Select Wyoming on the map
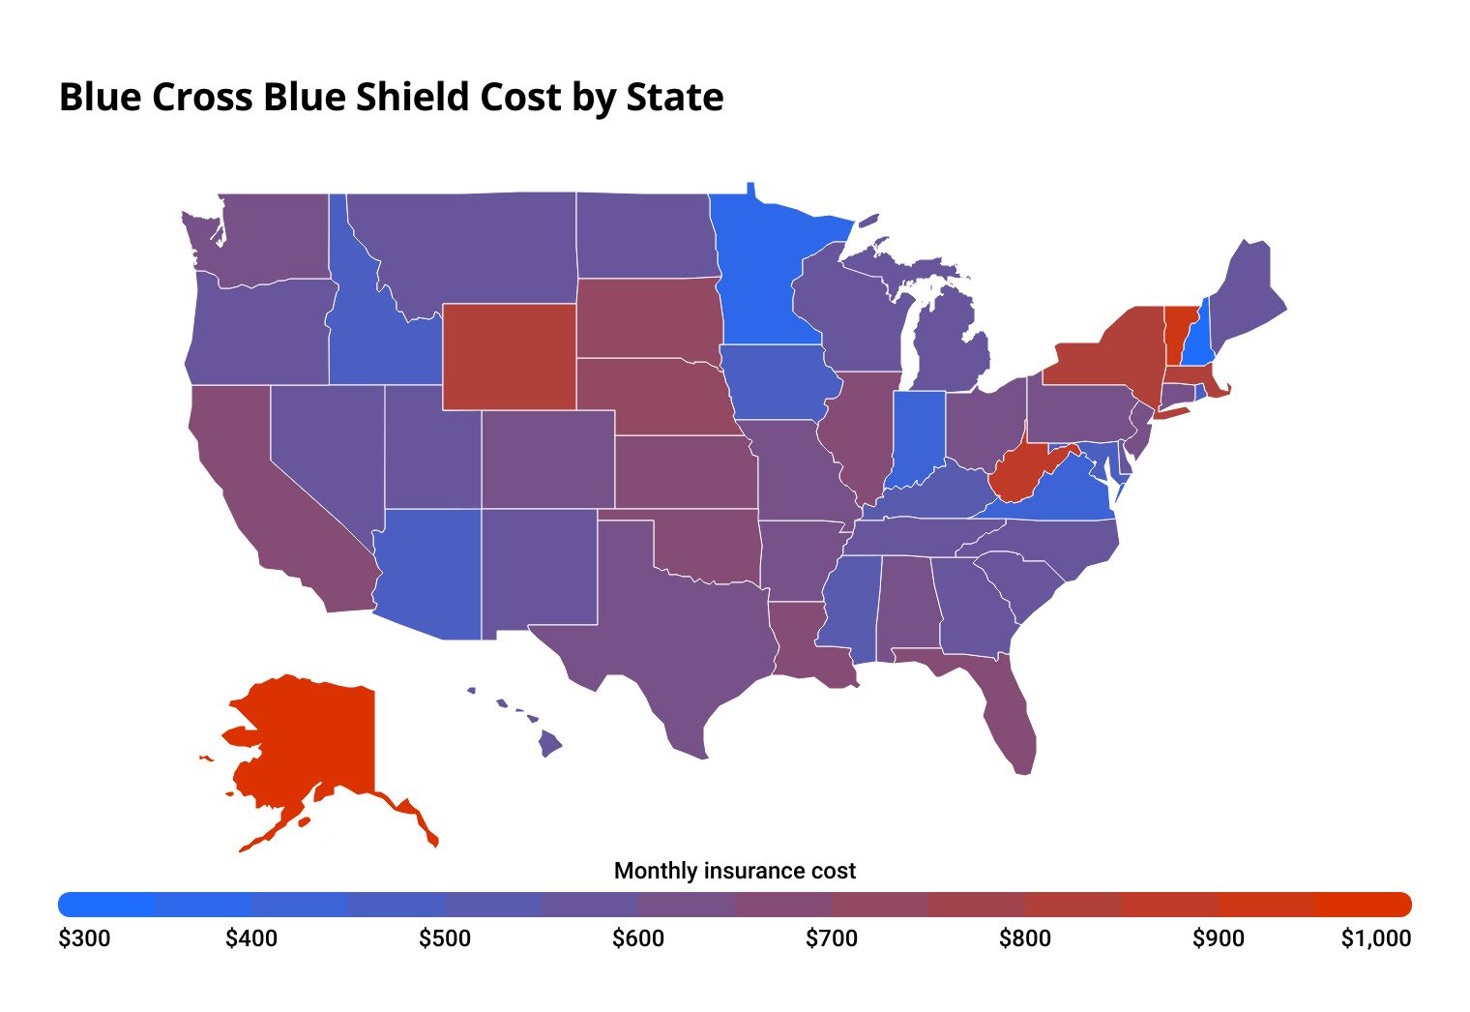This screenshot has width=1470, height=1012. [509, 356]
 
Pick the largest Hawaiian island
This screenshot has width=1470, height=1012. [549, 744]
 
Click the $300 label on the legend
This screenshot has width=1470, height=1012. [84, 938]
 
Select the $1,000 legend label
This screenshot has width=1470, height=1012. [1375, 938]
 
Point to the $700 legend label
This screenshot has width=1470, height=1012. [832, 938]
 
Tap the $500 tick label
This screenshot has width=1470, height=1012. [445, 938]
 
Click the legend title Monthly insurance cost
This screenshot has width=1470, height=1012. [735, 871]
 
